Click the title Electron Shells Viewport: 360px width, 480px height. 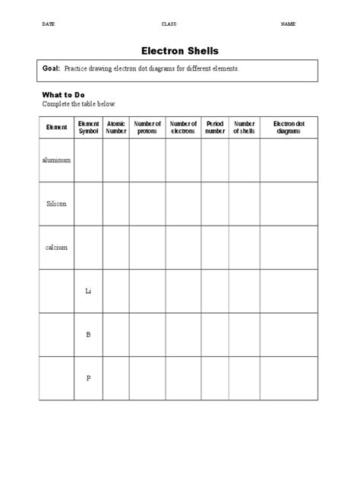(x=180, y=51)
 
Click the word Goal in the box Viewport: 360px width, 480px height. (x=51, y=68)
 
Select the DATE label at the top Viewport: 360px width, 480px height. (x=49, y=24)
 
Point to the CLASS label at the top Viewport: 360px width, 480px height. (x=169, y=24)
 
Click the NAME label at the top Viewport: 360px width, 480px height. (x=289, y=24)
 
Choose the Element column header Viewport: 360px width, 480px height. (x=57, y=128)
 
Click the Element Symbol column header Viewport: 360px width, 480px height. (x=89, y=128)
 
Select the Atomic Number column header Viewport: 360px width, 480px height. (x=116, y=128)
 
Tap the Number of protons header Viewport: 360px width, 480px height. (x=147, y=128)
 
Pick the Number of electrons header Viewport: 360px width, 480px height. (x=183, y=128)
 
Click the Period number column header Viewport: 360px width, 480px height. (x=215, y=128)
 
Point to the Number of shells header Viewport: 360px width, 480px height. (x=244, y=128)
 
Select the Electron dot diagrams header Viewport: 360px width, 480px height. (x=289, y=128)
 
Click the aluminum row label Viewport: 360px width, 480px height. (x=57, y=160)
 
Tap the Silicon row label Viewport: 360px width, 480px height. (x=57, y=204)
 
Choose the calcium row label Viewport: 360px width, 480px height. (x=57, y=248)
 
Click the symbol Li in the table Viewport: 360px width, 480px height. (x=89, y=291)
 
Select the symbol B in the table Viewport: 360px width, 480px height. (x=89, y=334)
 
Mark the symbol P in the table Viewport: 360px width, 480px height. (x=89, y=378)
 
